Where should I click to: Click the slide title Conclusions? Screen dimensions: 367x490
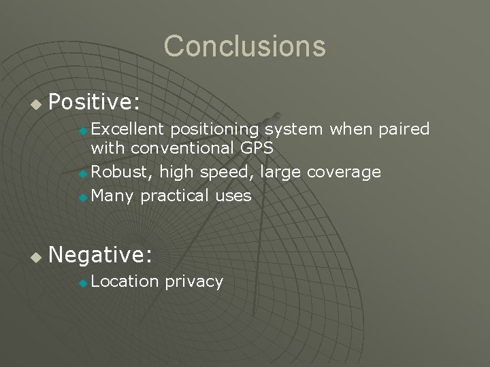point(244,46)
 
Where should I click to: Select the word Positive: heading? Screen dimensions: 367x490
point(95,103)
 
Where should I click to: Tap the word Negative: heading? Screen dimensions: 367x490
point(101,255)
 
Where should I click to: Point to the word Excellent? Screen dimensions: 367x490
point(128,129)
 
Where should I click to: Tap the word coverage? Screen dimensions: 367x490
point(344,173)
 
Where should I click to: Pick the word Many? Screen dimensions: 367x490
point(113,196)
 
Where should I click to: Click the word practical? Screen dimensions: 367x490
point(175,196)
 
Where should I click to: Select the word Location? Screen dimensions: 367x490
point(125,281)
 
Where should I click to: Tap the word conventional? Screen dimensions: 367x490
point(182,147)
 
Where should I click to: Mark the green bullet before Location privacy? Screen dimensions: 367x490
point(83,283)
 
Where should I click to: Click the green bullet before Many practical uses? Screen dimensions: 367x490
point(83,197)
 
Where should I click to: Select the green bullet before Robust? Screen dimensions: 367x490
point(83,173)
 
